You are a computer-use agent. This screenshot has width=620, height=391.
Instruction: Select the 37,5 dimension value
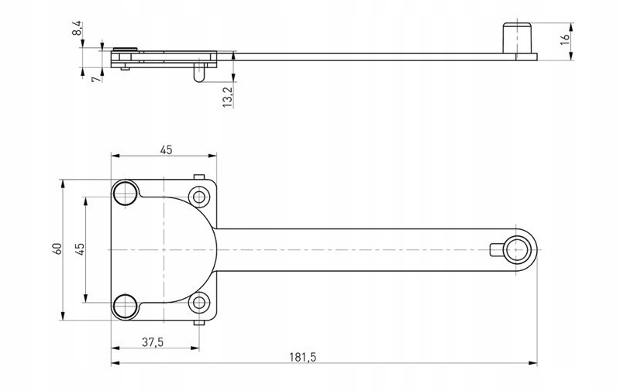click(153, 341)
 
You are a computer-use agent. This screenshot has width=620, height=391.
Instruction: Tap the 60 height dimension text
click(56, 249)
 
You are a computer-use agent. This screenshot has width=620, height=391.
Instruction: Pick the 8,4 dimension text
click(76, 30)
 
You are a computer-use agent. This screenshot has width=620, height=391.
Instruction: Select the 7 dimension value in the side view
click(94, 79)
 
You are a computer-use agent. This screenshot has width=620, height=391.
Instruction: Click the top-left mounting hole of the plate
click(125, 193)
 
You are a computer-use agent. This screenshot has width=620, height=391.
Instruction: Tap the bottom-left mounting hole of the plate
click(125, 306)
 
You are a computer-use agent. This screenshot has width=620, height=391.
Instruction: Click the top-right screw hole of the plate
click(199, 197)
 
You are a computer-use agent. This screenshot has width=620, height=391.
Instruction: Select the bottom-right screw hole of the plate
click(199, 303)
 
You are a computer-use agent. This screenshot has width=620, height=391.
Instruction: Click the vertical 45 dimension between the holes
click(80, 249)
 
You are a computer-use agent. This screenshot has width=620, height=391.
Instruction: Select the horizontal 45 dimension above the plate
click(166, 150)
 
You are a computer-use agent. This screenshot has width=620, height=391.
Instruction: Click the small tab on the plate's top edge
click(199, 177)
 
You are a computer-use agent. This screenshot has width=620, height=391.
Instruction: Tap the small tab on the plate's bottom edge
click(199, 321)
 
